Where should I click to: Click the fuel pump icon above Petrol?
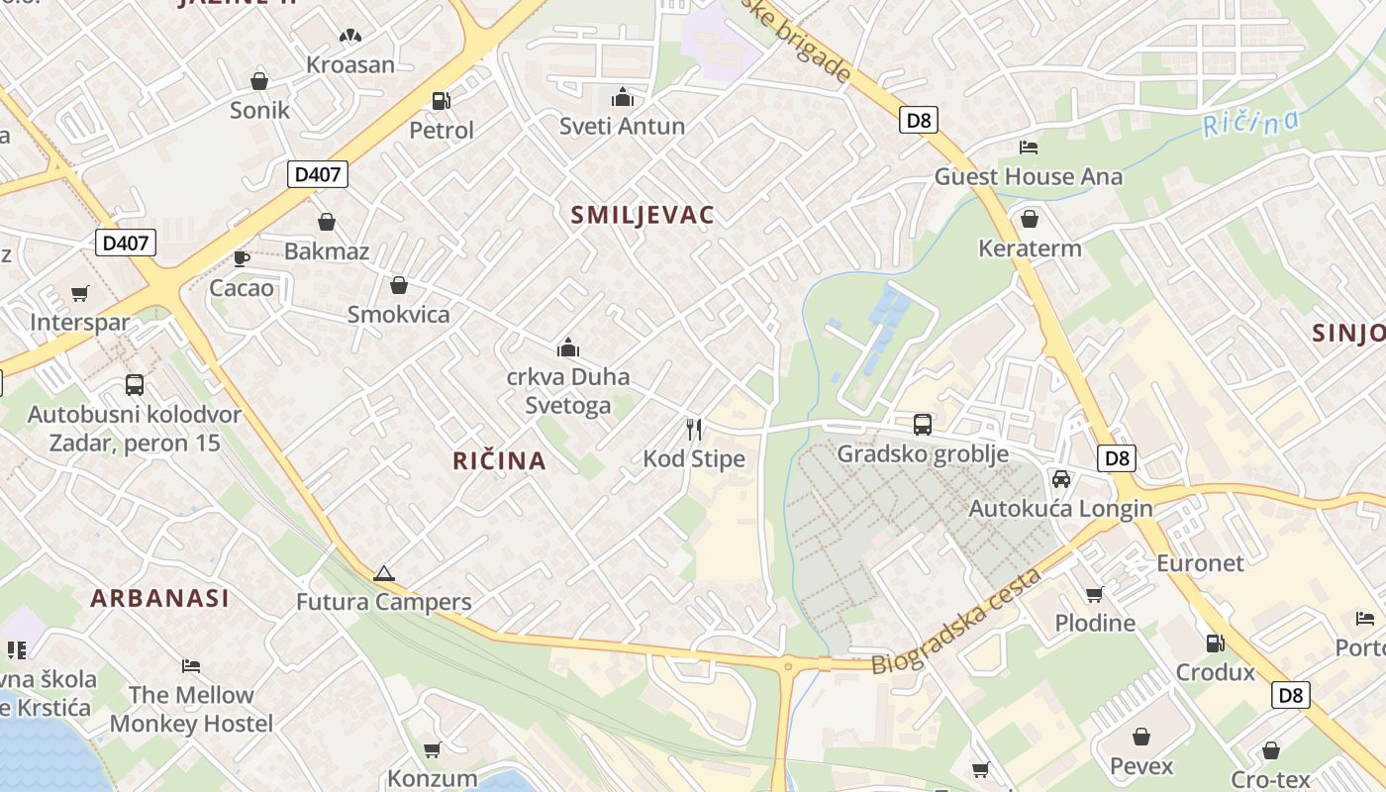pyautogui.click(x=441, y=100)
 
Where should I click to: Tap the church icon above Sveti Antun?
pyautogui.click(x=623, y=97)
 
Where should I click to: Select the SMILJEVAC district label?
pyautogui.click(x=643, y=216)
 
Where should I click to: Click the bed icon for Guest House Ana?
pyautogui.click(x=1029, y=148)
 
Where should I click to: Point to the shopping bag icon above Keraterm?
pyautogui.click(x=1030, y=219)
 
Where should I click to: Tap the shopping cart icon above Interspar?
pyautogui.click(x=80, y=294)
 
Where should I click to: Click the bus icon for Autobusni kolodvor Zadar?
pyautogui.click(x=134, y=385)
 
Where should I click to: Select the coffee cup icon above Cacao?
pyautogui.click(x=241, y=259)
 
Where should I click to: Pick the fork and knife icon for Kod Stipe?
pyautogui.click(x=694, y=430)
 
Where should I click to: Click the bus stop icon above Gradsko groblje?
pyautogui.click(x=923, y=425)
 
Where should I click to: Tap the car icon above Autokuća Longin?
pyautogui.click(x=1060, y=479)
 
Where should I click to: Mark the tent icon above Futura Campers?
pyautogui.click(x=384, y=573)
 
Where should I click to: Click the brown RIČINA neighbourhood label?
pyautogui.click(x=499, y=460)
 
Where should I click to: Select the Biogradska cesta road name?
pyautogui.click(x=956, y=623)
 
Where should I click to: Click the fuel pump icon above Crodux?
pyautogui.click(x=1215, y=643)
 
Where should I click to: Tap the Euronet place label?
pyautogui.click(x=1200, y=563)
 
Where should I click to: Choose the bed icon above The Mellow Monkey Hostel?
pyautogui.click(x=191, y=666)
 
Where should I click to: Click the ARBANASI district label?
pyautogui.click(x=159, y=598)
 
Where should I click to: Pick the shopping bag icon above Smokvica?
pyautogui.click(x=399, y=286)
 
